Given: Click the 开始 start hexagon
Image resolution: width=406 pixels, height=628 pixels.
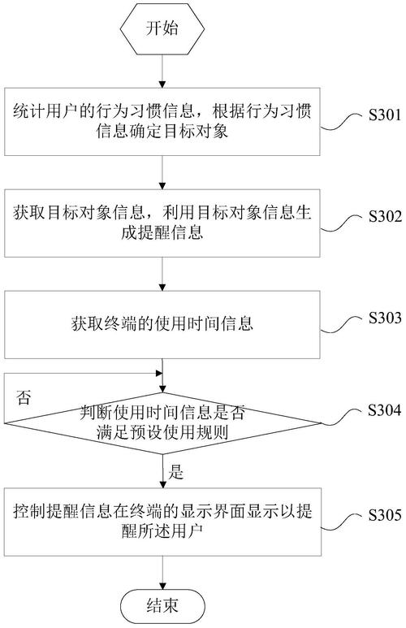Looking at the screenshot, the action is pyautogui.click(x=162, y=28).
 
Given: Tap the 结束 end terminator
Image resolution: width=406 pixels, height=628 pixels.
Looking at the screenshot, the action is pyautogui.click(x=162, y=605).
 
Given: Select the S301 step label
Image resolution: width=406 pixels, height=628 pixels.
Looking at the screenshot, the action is pyautogui.click(x=384, y=115).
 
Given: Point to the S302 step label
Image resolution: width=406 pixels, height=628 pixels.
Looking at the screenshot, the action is pyautogui.click(x=384, y=216).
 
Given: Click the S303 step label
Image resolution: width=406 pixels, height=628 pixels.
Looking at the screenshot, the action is pyautogui.click(x=384, y=318).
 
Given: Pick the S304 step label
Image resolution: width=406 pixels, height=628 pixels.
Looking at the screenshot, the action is pyautogui.click(x=384, y=409).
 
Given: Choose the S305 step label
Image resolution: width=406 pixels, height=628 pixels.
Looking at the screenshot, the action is pyautogui.click(x=384, y=514).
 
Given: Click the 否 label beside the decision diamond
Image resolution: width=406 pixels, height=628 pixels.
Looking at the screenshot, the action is pyautogui.click(x=24, y=397).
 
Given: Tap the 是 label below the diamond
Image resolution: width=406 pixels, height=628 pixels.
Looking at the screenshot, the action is pyautogui.click(x=175, y=472).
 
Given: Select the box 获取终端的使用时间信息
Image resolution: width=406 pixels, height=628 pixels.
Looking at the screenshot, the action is pyautogui.click(x=162, y=324).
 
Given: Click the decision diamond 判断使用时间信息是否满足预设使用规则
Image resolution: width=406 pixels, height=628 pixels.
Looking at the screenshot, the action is pyautogui.click(x=162, y=423).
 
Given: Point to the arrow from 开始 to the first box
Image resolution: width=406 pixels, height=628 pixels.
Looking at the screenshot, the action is pyautogui.click(x=162, y=71).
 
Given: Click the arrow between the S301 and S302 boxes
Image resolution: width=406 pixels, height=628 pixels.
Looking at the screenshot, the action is pyautogui.click(x=162, y=172).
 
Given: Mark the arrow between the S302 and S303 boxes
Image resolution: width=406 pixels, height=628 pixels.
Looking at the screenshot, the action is pyautogui.click(x=162, y=274).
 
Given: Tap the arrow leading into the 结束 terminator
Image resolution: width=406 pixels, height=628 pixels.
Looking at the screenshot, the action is pyautogui.click(x=162, y=574).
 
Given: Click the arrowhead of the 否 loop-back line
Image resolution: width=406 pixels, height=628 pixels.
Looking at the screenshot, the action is pyautogui.click(x=159, y=374).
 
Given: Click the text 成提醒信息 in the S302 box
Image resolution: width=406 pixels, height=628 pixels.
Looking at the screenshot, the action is pyautogui.click(x=162, y=232).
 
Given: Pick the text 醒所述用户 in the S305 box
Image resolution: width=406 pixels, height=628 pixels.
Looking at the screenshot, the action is pyautogui.click(x=162, y=531).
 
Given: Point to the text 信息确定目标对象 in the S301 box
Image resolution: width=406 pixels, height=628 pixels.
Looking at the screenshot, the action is pyautogui.click(x=162, y=131).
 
